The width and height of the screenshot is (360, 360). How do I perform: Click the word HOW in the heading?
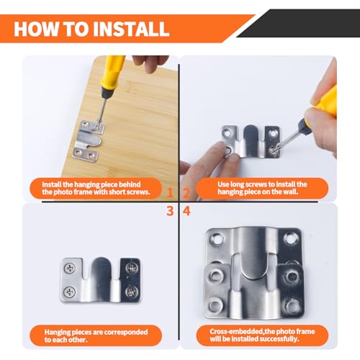[x=45, y=29]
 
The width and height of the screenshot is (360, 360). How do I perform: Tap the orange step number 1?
[x=169, y=193]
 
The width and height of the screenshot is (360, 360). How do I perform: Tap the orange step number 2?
[x=186, y=193]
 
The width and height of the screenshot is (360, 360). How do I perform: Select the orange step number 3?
[x=169, y=210]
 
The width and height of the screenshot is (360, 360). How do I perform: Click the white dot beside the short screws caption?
[x=37, y=189]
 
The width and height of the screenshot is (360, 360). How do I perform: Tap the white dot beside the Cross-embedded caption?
[x=208, y=336]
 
